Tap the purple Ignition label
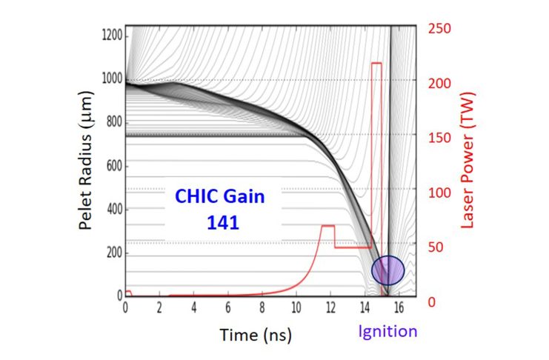pos(388,331)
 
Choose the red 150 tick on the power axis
pos(439,138)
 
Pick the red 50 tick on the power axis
pos(436,247)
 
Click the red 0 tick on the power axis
pos(432,301)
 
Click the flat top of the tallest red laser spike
pos(376,63)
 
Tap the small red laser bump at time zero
pos(128,292)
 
